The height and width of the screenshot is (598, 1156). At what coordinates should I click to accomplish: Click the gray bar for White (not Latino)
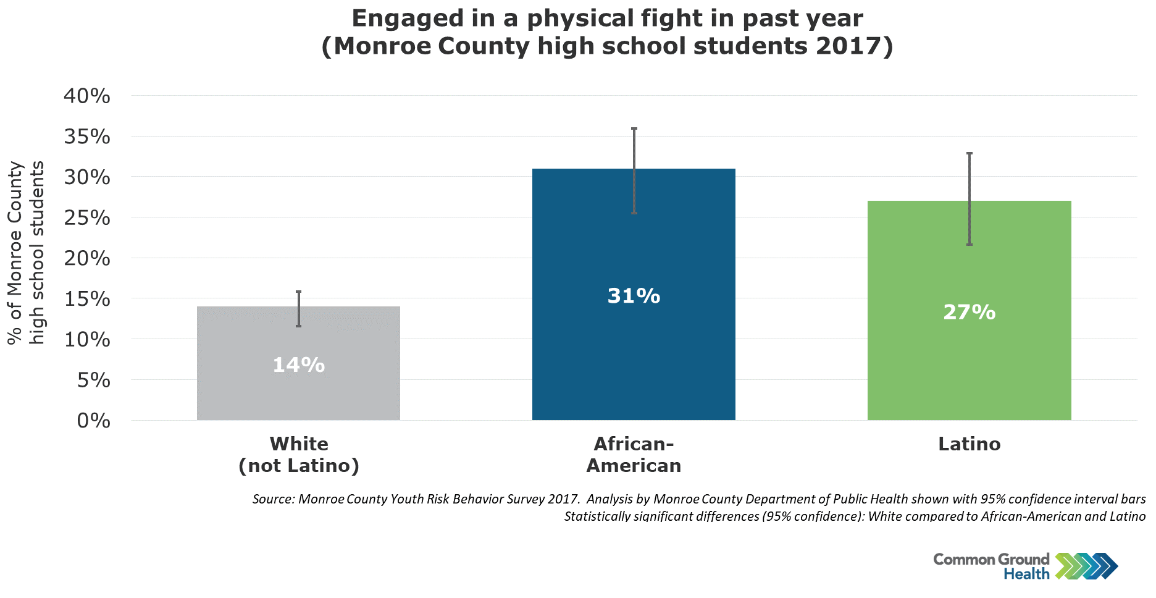(298, 363)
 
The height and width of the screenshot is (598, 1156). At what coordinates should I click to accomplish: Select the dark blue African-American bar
(634, 294)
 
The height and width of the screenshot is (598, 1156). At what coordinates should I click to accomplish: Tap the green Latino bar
(969, 310)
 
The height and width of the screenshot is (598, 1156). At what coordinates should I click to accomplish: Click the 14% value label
(299, 365)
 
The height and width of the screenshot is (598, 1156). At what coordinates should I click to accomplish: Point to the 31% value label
(634, 296)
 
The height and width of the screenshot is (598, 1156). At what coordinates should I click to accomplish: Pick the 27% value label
(970, 312)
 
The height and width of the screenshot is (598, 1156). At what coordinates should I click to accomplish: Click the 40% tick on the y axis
(87, 96)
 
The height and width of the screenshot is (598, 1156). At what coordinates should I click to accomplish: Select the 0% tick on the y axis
(94, 421)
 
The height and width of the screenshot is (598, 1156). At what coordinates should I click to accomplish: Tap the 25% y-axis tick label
(87, 217)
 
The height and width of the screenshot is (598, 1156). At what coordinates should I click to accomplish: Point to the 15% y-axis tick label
(87, 299)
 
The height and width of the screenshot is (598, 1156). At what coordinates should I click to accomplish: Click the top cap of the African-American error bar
(634, 128)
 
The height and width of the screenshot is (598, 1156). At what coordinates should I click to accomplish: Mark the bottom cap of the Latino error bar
(970, 245)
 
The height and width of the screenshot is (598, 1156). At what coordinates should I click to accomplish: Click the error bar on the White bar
(299, 309)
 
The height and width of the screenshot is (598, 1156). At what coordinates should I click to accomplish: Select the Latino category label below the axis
(970, 444)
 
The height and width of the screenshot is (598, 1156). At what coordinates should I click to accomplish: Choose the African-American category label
(634, 455)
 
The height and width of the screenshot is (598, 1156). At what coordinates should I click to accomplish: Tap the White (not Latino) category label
(299, 455)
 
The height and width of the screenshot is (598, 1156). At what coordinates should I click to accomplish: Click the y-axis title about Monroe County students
(26, 253)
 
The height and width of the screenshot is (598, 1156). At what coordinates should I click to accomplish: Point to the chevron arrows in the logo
(1087, 566)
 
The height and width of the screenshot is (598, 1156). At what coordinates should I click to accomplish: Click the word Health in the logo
(1026, 574)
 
